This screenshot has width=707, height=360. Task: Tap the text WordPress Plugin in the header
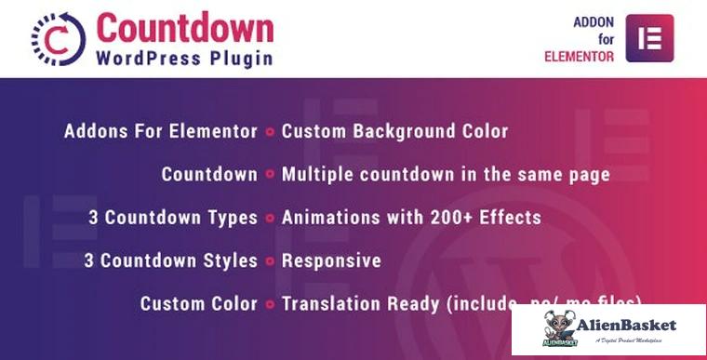pos(184,59)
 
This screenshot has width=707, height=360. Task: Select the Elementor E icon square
pos(649,38)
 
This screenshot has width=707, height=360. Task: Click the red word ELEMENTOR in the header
pos(579,57)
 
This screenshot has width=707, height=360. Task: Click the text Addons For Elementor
pos(160,131)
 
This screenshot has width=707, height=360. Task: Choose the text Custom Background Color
pos(394,131)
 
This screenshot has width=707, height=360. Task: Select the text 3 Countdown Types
pos(173,218)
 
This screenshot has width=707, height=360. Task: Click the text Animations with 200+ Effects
pos(410,218)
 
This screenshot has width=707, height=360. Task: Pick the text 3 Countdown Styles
pos(173,260)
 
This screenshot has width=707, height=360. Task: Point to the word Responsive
pos(331,260)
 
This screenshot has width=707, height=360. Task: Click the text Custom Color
pos(198,303)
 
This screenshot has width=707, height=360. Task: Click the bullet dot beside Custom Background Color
pos(269,132)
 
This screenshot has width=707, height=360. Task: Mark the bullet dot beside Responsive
pos(269,261)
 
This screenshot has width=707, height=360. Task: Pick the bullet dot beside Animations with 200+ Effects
pos(269,219)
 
